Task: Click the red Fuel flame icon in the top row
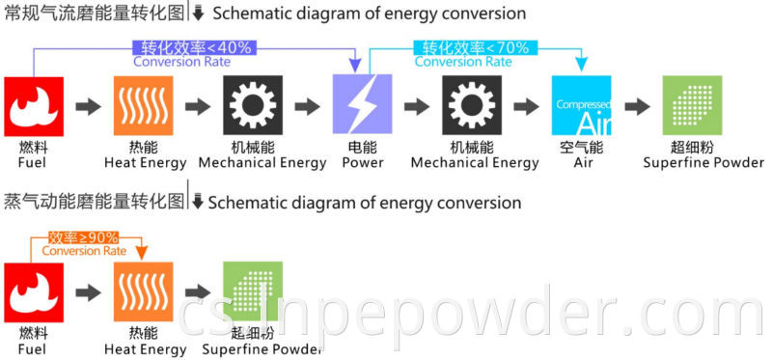34,106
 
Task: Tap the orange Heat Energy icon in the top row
144,106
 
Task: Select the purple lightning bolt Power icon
362,106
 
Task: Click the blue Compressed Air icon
581,106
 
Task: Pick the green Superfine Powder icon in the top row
691,106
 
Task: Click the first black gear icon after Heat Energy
253,106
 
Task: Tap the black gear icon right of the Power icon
472,106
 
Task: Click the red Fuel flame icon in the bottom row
34,291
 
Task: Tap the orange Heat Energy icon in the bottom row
144,291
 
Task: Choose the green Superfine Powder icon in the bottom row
252,291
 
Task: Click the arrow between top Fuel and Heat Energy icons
89,106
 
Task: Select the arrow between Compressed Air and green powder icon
637,106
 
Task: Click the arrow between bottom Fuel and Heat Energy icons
89,291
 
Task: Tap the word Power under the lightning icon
362,163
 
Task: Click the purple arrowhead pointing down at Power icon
355,66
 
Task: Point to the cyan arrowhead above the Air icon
581,65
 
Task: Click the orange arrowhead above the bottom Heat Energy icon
142,252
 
